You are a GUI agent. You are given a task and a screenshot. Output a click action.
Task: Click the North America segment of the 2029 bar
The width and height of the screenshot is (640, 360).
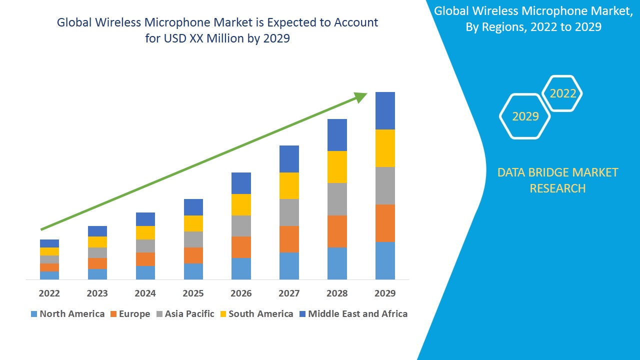point(385,260)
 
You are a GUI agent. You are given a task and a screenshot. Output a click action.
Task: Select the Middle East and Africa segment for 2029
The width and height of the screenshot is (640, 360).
point(385,110)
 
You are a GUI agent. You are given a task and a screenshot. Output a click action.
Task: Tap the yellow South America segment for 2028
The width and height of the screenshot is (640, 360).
point(337,167)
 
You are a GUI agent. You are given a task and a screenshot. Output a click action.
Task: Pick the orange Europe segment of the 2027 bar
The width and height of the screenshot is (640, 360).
point(289,239)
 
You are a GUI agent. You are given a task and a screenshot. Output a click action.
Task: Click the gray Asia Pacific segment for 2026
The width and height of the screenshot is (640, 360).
point(241,226)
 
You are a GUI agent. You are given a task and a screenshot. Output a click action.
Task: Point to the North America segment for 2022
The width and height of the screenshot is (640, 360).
point(49,275)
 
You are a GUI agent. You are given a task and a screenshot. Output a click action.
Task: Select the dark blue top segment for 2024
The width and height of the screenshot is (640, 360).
point(145,219)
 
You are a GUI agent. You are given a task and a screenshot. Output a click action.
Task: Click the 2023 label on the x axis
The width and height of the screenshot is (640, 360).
point(97,293)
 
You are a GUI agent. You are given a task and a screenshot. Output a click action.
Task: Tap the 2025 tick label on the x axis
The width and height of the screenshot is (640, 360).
point(193,293)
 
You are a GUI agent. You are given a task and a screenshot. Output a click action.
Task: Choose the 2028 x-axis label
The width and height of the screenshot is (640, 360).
point(337,293)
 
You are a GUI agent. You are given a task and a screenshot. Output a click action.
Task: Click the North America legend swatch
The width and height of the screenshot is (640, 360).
point(34,314)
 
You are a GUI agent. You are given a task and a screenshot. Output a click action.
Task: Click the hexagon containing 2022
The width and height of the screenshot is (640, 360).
point(562,93)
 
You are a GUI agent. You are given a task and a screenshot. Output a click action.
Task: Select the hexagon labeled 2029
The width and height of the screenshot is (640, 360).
point(525,116)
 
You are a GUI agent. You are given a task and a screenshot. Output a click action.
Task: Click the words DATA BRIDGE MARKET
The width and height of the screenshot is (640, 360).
point(557,172)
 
